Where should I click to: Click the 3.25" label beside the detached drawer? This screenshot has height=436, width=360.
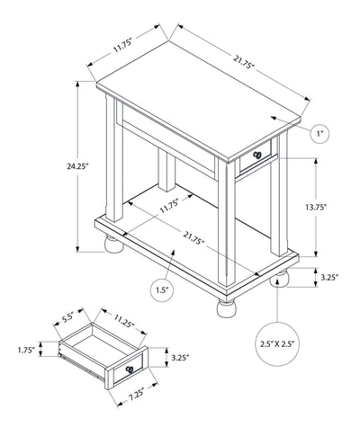[x=180, y=358]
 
